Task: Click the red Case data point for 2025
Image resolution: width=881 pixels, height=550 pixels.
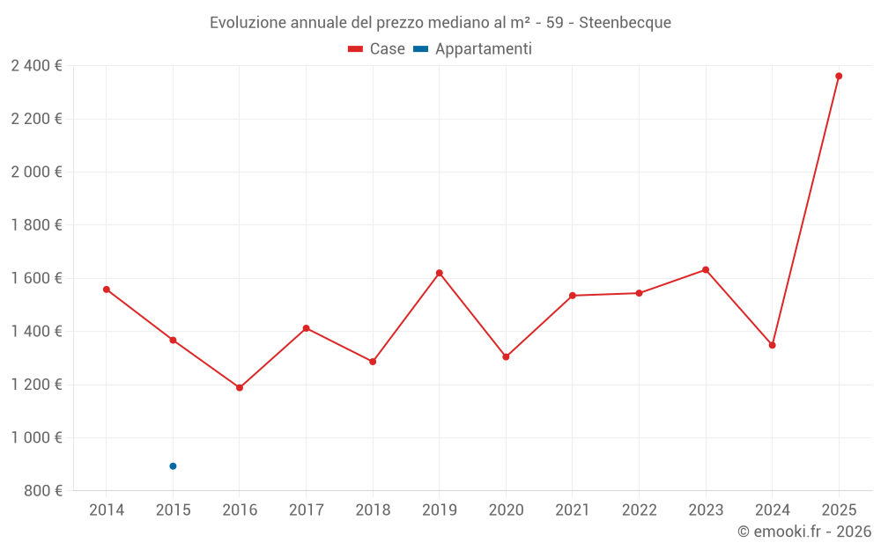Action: (839, 76)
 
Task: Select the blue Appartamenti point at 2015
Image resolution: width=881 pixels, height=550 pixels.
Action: (173, 466)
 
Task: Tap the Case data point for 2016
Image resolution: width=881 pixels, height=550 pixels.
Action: (240, 387)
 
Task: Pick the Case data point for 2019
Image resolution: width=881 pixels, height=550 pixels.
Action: (440, 273)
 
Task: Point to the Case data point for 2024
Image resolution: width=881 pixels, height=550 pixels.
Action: (772, 345)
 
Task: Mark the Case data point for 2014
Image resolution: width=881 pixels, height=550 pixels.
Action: (107, 290)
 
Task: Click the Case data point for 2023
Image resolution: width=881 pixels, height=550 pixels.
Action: (706, 269)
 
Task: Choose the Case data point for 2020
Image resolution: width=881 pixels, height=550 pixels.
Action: (506, 357)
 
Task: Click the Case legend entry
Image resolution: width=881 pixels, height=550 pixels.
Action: (377, 49)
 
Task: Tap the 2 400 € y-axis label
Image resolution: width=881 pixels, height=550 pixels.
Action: (36, 66)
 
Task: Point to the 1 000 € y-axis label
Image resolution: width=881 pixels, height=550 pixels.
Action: (36, 437)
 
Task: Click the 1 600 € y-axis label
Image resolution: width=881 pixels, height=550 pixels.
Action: (36, 278)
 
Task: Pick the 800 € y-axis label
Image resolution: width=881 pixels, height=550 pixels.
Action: (41, 491)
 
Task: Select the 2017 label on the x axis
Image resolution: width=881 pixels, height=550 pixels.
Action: (306, 510)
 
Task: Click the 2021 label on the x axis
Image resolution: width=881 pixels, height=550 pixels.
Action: (573, 510)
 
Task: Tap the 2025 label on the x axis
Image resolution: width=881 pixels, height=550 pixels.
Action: (839, 510)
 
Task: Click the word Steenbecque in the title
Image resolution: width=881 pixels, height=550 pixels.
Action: (625, 23)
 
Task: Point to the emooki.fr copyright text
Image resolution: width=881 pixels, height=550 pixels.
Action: (804, 532)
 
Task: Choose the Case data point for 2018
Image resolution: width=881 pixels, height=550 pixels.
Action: (373, 362)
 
